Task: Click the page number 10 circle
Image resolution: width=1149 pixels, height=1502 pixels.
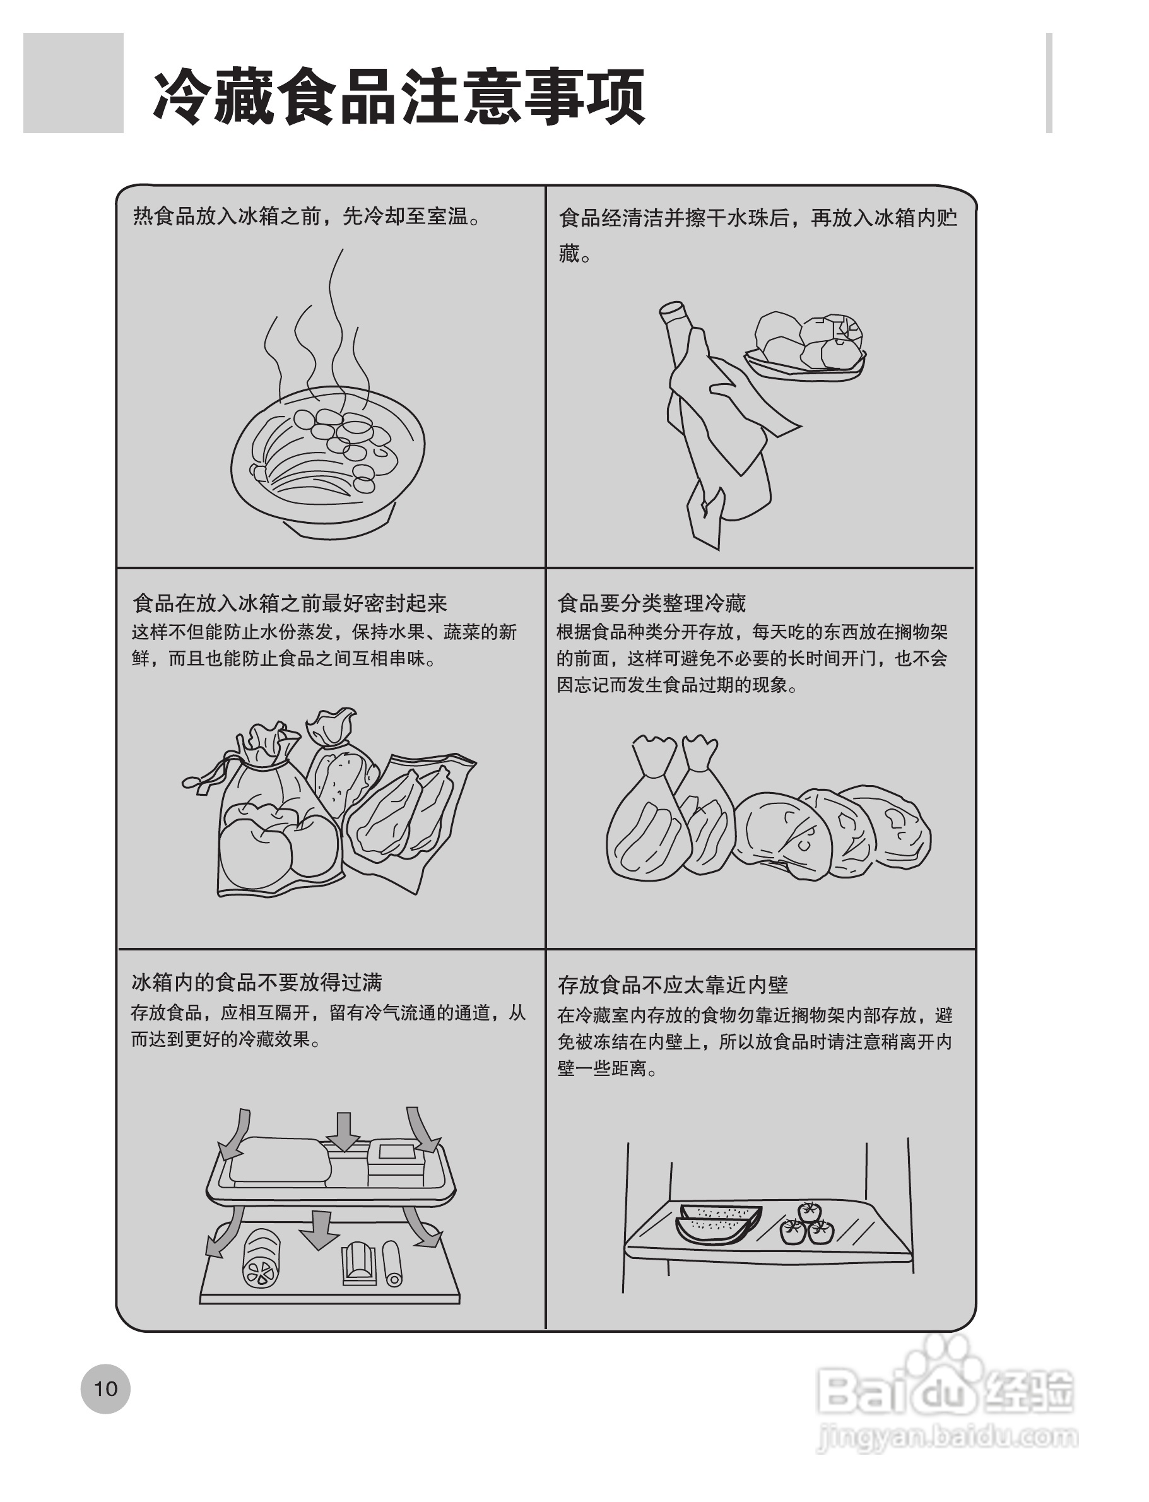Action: click(105, 1388)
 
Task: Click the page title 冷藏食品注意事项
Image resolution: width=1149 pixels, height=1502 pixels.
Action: click(399, 97)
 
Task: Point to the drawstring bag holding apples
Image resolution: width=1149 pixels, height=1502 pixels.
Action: click(274, 821)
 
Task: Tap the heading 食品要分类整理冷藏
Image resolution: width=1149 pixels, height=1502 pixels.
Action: click(651, 603)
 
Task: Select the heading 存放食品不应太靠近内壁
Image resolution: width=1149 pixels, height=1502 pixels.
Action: click(673, 985)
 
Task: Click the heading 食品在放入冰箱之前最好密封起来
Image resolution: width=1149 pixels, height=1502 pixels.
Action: click(290, 603)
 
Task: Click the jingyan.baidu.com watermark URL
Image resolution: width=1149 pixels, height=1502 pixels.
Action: click(947, 1436)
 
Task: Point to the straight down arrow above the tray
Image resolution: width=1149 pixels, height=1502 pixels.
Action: click(343, 1132)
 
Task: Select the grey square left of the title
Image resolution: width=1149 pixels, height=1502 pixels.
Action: click(73, 83)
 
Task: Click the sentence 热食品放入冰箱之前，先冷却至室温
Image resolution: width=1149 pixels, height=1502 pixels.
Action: click(307, 217)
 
